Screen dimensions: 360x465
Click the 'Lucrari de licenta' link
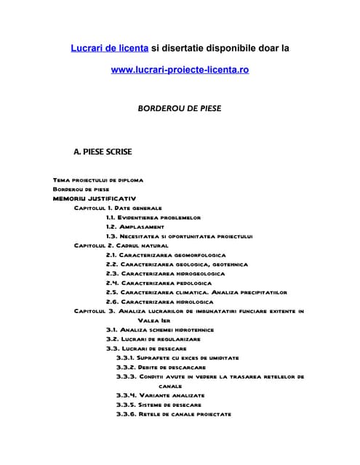110,48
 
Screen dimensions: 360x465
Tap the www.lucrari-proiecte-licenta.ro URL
180,71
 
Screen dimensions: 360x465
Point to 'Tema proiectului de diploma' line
98,179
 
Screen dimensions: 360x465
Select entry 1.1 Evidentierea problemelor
153,217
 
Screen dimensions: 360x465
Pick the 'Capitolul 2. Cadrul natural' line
121,246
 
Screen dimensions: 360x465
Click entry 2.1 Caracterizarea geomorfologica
165,255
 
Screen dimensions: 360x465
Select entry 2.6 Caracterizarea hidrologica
159,302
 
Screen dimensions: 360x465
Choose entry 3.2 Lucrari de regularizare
153,339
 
